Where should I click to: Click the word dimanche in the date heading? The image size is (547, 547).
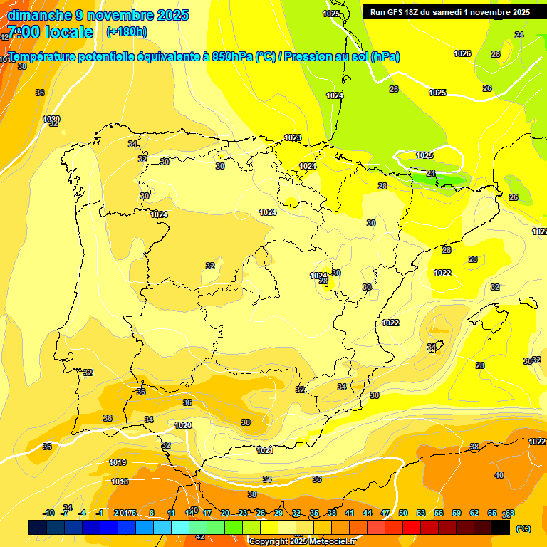(40, 15)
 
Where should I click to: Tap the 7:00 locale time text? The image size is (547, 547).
(50, 32)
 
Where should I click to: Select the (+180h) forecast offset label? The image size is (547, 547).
(126, 32)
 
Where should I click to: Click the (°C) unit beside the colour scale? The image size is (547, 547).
(523, 528)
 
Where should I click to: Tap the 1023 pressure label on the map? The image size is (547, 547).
(293, 137)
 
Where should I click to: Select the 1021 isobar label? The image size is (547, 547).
(265, 450)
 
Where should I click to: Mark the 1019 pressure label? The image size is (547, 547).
(118, 462)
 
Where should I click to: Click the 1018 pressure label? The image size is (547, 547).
(120, 481)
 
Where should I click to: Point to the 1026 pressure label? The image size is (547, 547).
(462, 53)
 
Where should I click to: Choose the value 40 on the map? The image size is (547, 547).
(499, 475)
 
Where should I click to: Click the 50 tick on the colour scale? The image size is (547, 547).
(403, 513)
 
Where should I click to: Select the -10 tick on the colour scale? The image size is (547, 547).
(48, 513)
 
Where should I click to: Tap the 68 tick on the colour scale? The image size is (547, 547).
(509, 514)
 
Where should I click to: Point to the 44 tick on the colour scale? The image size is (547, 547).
(368, 513)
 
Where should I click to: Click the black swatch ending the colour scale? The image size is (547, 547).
(501, 527)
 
